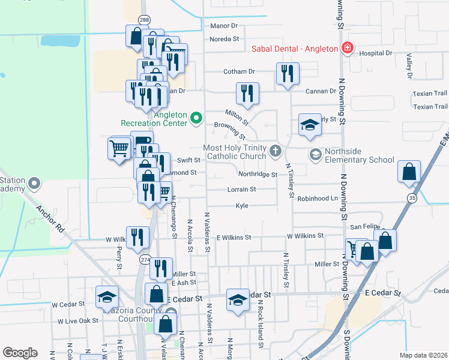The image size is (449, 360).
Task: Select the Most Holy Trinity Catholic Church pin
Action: coord(276,150)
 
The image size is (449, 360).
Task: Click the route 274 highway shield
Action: coord(145,259)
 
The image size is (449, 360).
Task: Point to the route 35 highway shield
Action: coord(412,197)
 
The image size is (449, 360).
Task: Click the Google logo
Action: coord(20,353)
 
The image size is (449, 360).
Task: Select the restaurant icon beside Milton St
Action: coord(247,93)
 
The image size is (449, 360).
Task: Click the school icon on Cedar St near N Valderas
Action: coord(238,300)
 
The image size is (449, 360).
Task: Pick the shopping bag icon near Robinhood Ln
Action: coord(409,172)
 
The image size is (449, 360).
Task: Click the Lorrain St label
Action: coord(242,190)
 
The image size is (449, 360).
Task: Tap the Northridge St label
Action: coord(258,175)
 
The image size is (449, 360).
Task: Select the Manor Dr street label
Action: coord(224,26)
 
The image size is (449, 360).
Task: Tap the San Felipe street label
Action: coord(363,227)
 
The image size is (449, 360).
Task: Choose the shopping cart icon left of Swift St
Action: coord(119,147)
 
